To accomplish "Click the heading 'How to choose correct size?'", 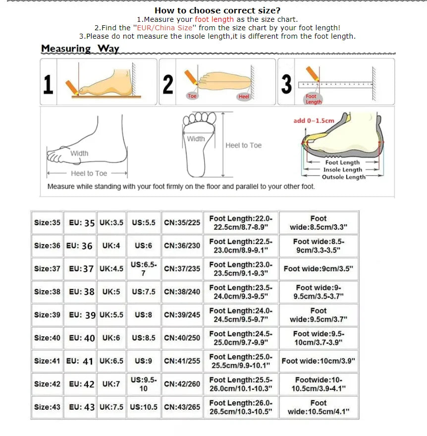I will click(x=217, y=10).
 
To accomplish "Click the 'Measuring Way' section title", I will click(x=80, y=49).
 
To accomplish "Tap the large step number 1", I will click(x=48, y=84).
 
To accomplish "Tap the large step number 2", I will click(x=168, y=84).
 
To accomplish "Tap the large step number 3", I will click(x=286, y=84).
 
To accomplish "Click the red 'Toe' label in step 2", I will click(x=192, y=96).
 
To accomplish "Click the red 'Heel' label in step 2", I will click(x=244, y=97).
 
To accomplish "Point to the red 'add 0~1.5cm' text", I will click(x=314, y=121).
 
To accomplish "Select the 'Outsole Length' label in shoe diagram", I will click(x=343, y=177).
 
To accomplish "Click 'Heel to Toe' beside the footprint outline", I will click(x=243, y=145).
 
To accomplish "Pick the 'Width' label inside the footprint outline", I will click(x=196, y=139).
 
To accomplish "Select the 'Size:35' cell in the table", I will click(x=47, y=223).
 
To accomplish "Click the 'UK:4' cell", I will click(x=111, y=246).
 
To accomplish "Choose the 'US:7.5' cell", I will click(x=143, y=292).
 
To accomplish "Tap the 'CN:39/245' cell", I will click(x=182, y=315).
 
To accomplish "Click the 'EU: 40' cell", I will click(x=82, y=338).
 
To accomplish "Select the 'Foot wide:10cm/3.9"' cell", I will click(x=318, y=361).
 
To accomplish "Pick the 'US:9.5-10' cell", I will click(x=143, y=384).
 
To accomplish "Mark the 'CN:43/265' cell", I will click(x=182, y=407).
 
